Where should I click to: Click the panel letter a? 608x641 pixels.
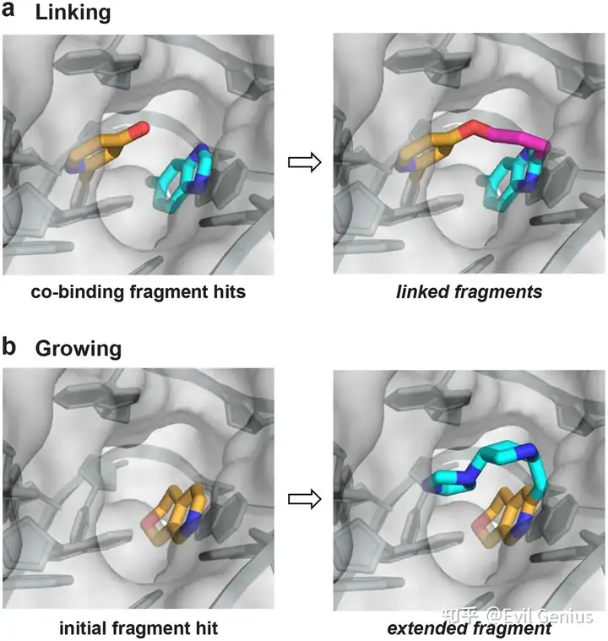coord(8,10)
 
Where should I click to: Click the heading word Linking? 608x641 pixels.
coord(73,13)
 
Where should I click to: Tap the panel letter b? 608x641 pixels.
coord(8,346)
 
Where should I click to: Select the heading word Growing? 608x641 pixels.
coord(78,350)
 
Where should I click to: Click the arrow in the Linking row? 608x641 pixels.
coord(304,162)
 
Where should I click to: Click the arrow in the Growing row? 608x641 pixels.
coord(304,499)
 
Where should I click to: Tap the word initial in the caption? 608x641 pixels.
coord(83,628)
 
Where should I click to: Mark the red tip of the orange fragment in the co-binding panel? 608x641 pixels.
coord(142,128)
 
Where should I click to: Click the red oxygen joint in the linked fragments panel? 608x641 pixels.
coord(475,129)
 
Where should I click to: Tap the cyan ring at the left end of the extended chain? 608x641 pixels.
coord(448,481)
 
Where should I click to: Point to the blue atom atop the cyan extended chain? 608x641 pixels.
coord(529,450)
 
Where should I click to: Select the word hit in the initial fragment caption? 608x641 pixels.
coord(205,628)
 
